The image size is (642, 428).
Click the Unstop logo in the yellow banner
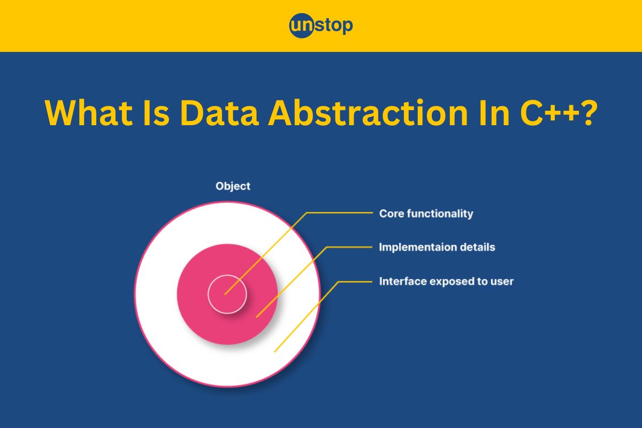[321, 26]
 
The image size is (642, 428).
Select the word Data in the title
[219, 112]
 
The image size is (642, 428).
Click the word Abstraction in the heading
[368, 112]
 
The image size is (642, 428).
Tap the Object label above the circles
[233, 187]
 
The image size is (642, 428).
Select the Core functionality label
[426, 214]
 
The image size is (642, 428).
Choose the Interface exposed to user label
[446, 281]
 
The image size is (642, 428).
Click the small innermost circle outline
[227, 275]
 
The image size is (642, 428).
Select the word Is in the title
[156, 112]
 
